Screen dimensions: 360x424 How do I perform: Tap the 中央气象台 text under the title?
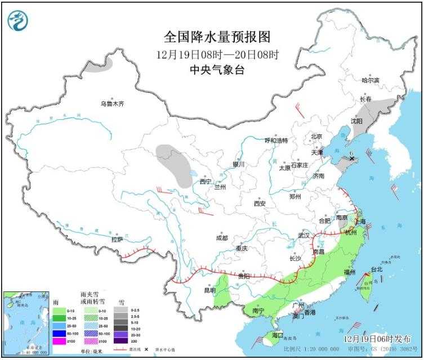pyautogui.click(x=217, y=70)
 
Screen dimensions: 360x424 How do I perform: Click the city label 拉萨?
pyautogui.click(x=117, y=239)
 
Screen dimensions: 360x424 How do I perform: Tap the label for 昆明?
pyautogui.click(x=209, y=290)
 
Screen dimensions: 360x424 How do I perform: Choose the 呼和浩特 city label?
pyautogui.click(x=276, y=140)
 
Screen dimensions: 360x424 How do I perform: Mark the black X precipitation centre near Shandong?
pyautogui.click(x=352, y=159)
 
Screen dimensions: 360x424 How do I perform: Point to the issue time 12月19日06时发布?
pyautogui.click(x=377, y=337)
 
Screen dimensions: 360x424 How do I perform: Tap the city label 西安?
pyautogui.click(x=259, y=203)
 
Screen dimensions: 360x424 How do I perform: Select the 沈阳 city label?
pyautogui.click(x=356, y=121)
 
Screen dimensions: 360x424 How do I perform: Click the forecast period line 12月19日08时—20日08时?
pyautogui.click(x=217, y=55)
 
